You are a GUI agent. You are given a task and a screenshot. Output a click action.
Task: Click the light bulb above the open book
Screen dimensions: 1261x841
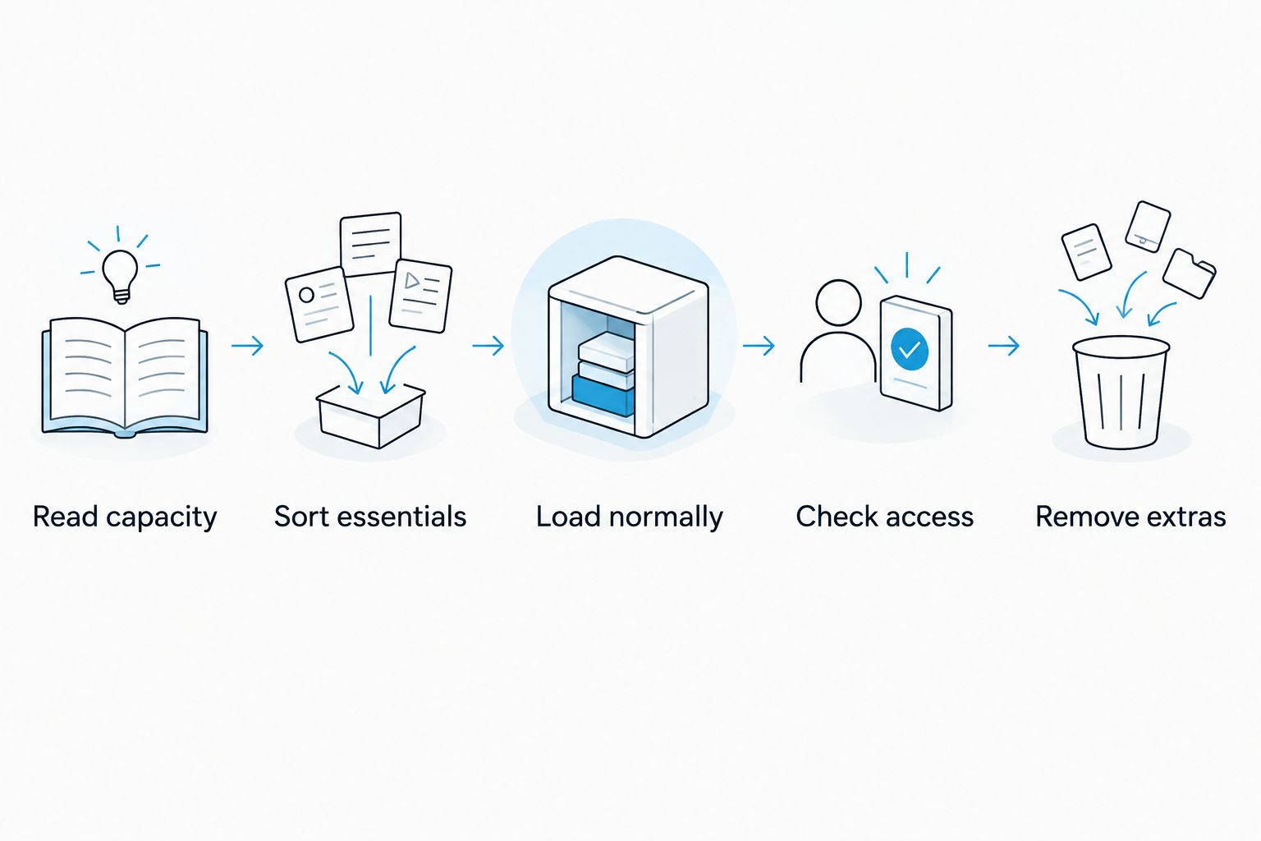click(x=120, y=276)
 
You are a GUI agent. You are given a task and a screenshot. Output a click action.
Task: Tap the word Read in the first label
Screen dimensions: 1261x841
click(x=66, y=516)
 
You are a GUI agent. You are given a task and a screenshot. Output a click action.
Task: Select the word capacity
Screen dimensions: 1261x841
click(x=162, y=518)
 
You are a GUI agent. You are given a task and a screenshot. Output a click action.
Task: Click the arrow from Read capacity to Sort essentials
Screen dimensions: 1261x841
click(x=247, y=345)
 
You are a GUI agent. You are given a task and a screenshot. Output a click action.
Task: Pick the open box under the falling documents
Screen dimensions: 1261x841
click(x=370, y=416)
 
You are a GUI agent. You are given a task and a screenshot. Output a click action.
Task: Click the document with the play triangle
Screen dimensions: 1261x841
click(x=420, y=295)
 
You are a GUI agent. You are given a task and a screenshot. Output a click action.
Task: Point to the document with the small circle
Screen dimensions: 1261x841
click(x=319, y=304)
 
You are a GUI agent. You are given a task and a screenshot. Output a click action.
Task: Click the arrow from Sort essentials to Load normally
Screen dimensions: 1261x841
click(x=488, y=345)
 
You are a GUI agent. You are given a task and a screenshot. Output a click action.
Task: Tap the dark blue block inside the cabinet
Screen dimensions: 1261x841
click(x=603, y=395)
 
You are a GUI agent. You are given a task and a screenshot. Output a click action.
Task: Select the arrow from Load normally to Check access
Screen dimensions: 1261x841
click(x=759, y=345)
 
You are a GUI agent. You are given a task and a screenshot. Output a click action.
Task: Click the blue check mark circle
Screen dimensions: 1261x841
click(x=910, y=349)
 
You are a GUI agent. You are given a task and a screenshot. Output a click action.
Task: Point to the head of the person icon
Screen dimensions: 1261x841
click(x=838, y=302)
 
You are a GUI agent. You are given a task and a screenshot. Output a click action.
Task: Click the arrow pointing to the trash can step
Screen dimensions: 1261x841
click(x=1004, y=345)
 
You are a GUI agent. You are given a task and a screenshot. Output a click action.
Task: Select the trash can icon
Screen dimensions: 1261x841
click(x=1121, y=392)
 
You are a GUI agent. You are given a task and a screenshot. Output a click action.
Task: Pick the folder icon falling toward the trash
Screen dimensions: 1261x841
click(x=1189, y=273)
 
